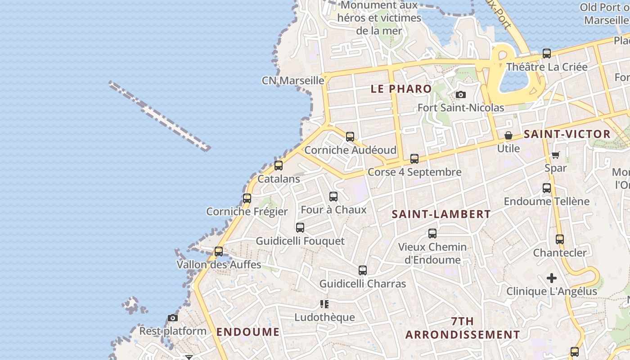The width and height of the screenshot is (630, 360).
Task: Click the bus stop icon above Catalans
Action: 279,166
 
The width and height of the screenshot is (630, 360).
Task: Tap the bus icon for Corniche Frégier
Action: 247,198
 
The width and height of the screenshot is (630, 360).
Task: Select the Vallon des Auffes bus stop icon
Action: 219,252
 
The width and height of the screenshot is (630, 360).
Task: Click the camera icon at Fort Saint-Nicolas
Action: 460,95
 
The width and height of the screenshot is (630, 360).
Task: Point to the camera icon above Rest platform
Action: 172,318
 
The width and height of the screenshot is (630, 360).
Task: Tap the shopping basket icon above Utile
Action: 508,135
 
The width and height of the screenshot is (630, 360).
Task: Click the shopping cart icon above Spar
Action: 555,155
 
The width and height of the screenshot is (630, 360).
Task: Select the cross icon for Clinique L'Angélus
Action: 552,278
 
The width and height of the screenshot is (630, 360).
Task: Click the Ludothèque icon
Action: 324,304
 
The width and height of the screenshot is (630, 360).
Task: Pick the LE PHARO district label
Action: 401,89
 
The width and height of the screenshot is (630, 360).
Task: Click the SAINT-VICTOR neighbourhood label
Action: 567,134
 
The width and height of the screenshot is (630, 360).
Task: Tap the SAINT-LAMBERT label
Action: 441,214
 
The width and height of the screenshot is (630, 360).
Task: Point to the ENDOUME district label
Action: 248,332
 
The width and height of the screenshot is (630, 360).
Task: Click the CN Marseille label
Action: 293,81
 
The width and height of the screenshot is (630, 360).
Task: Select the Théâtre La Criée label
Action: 547,67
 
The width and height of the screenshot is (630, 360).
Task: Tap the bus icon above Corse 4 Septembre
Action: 414,159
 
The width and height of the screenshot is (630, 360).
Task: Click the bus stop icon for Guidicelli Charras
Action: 363,270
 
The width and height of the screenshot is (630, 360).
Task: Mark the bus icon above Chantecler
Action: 560,239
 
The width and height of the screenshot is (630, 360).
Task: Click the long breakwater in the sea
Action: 160,116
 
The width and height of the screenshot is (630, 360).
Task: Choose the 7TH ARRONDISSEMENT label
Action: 463,328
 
